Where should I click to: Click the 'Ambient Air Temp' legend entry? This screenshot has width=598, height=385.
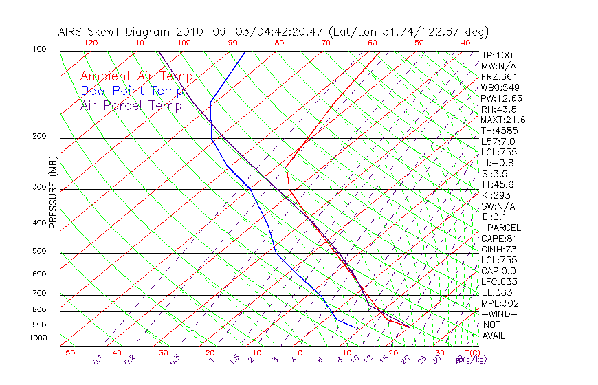(136, 76)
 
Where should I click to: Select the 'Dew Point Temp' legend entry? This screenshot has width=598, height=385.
(132, 91)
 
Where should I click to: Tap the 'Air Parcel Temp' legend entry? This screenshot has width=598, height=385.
(131, 105)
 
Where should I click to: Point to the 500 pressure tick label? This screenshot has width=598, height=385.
(39, 252)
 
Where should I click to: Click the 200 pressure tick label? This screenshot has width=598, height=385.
(39, 137)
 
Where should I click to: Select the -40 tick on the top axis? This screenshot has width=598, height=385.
(463, 43)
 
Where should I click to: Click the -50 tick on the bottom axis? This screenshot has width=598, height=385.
(67, 353)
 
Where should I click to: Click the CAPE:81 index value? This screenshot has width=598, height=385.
(498, 239)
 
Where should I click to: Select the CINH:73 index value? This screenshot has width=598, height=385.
(498, 249)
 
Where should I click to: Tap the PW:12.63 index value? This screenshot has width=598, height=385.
(502, 98)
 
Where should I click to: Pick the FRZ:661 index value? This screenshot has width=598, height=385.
(499, 76)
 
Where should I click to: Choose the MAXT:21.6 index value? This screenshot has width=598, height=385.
(504, 120)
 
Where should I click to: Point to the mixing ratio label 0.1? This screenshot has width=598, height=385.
(98, 361)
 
